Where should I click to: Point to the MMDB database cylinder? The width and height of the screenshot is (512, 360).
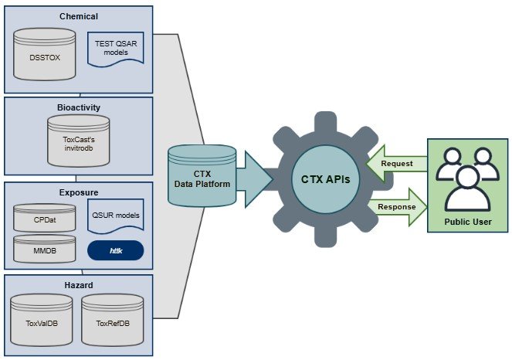point(46,250)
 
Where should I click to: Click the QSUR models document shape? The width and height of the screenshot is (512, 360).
point(116,212)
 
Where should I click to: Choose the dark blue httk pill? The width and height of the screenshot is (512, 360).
point(116,250)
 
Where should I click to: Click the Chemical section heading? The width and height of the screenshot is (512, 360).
point(79,16)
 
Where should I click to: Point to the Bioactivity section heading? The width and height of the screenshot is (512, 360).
point(79,107)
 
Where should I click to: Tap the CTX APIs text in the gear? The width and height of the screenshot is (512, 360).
point(325,180)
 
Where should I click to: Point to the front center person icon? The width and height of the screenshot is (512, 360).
point(466,189)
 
